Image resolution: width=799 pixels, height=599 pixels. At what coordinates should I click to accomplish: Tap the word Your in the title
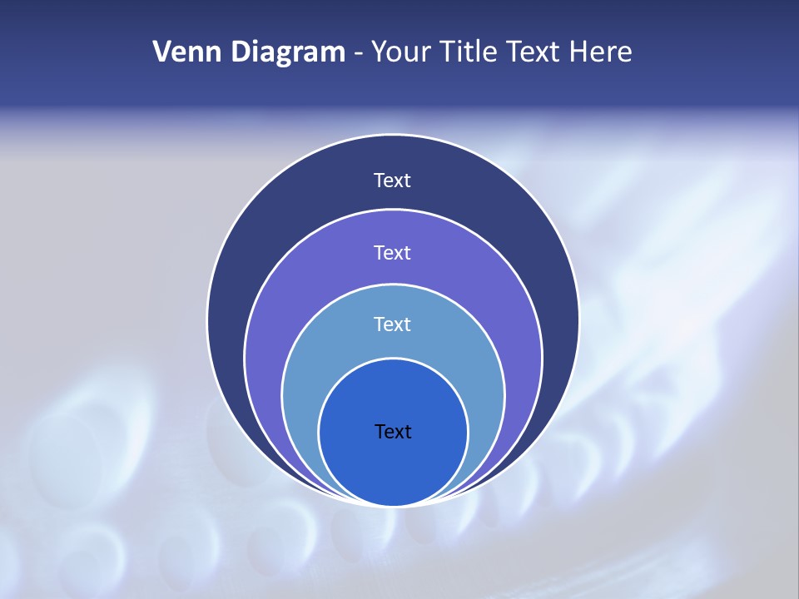(396, 52)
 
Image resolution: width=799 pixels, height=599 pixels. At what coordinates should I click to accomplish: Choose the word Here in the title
(600, 52)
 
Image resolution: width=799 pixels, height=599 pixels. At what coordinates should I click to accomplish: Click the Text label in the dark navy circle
(393, 181)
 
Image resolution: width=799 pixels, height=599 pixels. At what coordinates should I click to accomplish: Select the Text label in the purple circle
(393, 252)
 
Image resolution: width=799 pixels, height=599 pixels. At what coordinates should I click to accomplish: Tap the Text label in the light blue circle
(393, 324)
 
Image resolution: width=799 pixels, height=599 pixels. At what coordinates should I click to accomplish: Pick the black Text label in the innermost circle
(393, 432)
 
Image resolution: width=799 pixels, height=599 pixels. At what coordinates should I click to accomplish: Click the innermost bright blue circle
(393, 466)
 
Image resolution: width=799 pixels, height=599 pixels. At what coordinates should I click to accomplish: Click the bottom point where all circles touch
(393, 505)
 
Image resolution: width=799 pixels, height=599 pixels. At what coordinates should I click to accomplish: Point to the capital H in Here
(578, 52)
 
